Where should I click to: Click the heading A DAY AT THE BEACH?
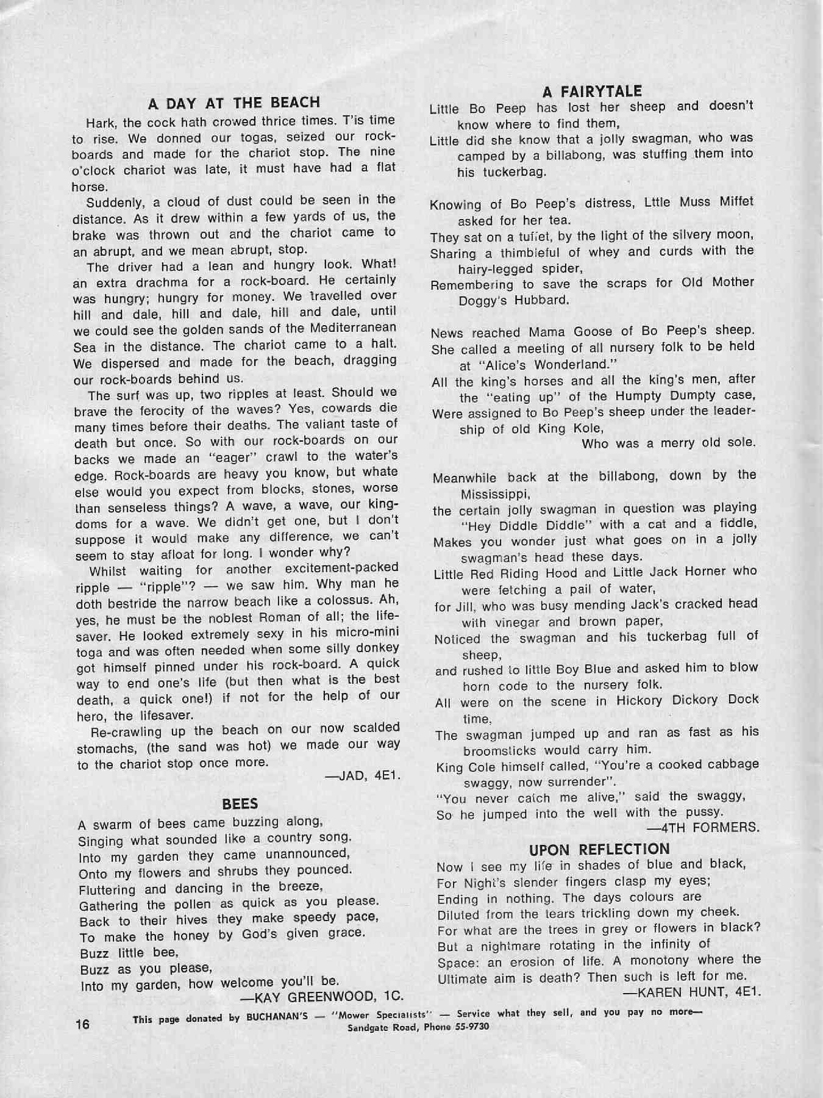[234, 102]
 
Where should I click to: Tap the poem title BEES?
[240, 804]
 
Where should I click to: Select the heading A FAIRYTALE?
[592, 91]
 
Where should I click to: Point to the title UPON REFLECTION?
[599, 849]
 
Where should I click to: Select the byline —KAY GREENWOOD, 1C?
[323, 997]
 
